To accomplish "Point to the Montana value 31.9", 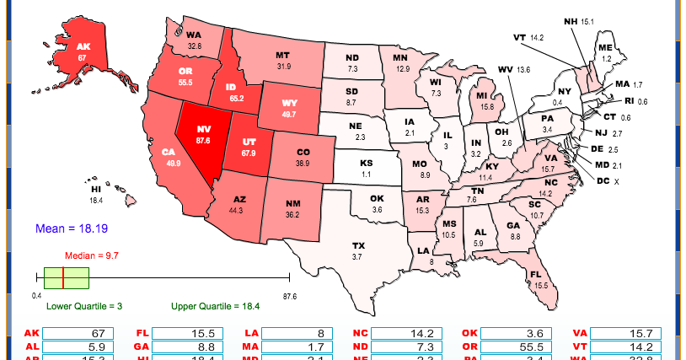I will (x=283, y=66).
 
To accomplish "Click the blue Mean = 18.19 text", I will (x=72, y=228).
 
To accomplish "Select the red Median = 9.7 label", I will (x=94, y=255).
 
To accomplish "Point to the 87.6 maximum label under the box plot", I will (x=289, y=296).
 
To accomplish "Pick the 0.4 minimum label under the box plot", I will (x=37, y=296).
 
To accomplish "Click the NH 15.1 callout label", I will (x=579, y=20).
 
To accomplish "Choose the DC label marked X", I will (x=608, y=180).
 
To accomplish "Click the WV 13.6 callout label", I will (x=514, y=69).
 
